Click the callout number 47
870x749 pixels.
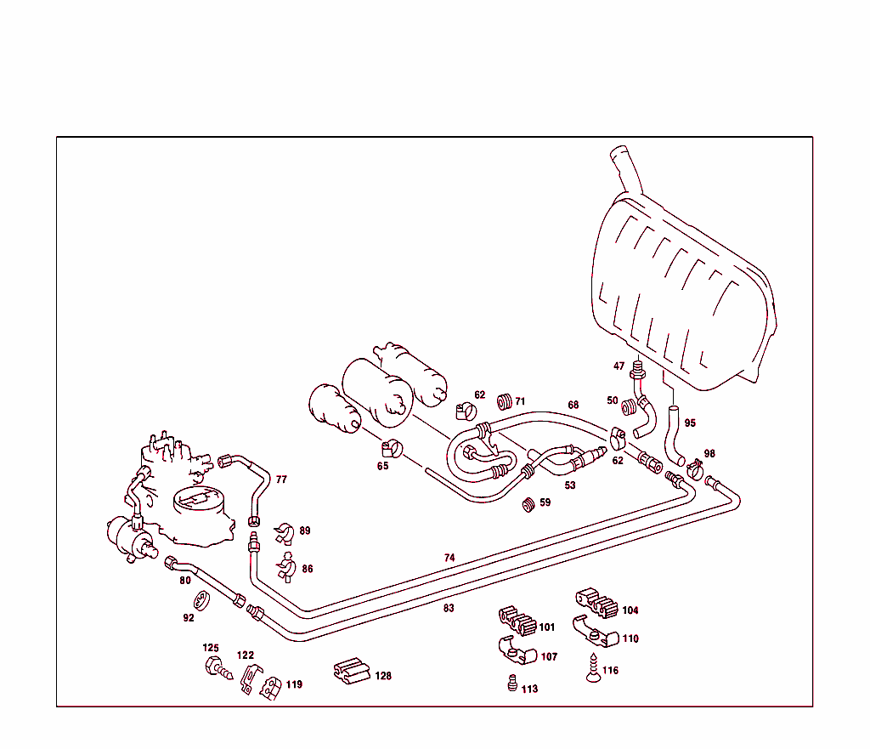(x=619, y=366)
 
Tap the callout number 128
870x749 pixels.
(x=383, y=676)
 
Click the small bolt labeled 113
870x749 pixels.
(x=511, y=684)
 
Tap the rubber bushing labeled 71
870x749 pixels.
(x=504, y=400)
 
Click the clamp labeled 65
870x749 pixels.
(x=391, y=446)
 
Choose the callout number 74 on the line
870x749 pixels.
(x=449, y=558)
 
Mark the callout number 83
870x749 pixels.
(x=449, y=608)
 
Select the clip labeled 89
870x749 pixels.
(x=284, y=533)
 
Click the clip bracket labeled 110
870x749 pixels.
(x=594, y=631)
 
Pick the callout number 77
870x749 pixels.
(x=281, y=479)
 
